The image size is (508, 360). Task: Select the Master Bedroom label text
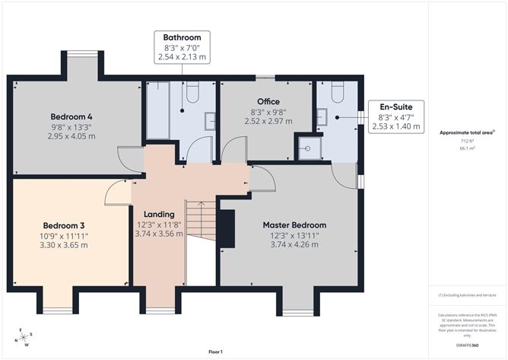294,225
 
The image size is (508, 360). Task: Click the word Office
268,102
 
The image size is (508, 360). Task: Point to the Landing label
159,215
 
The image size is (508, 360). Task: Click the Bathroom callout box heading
182,38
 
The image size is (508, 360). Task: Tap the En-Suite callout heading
395,107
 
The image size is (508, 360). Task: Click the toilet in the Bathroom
192,94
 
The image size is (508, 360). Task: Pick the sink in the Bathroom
210,119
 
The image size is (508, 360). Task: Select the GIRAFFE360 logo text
468,344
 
